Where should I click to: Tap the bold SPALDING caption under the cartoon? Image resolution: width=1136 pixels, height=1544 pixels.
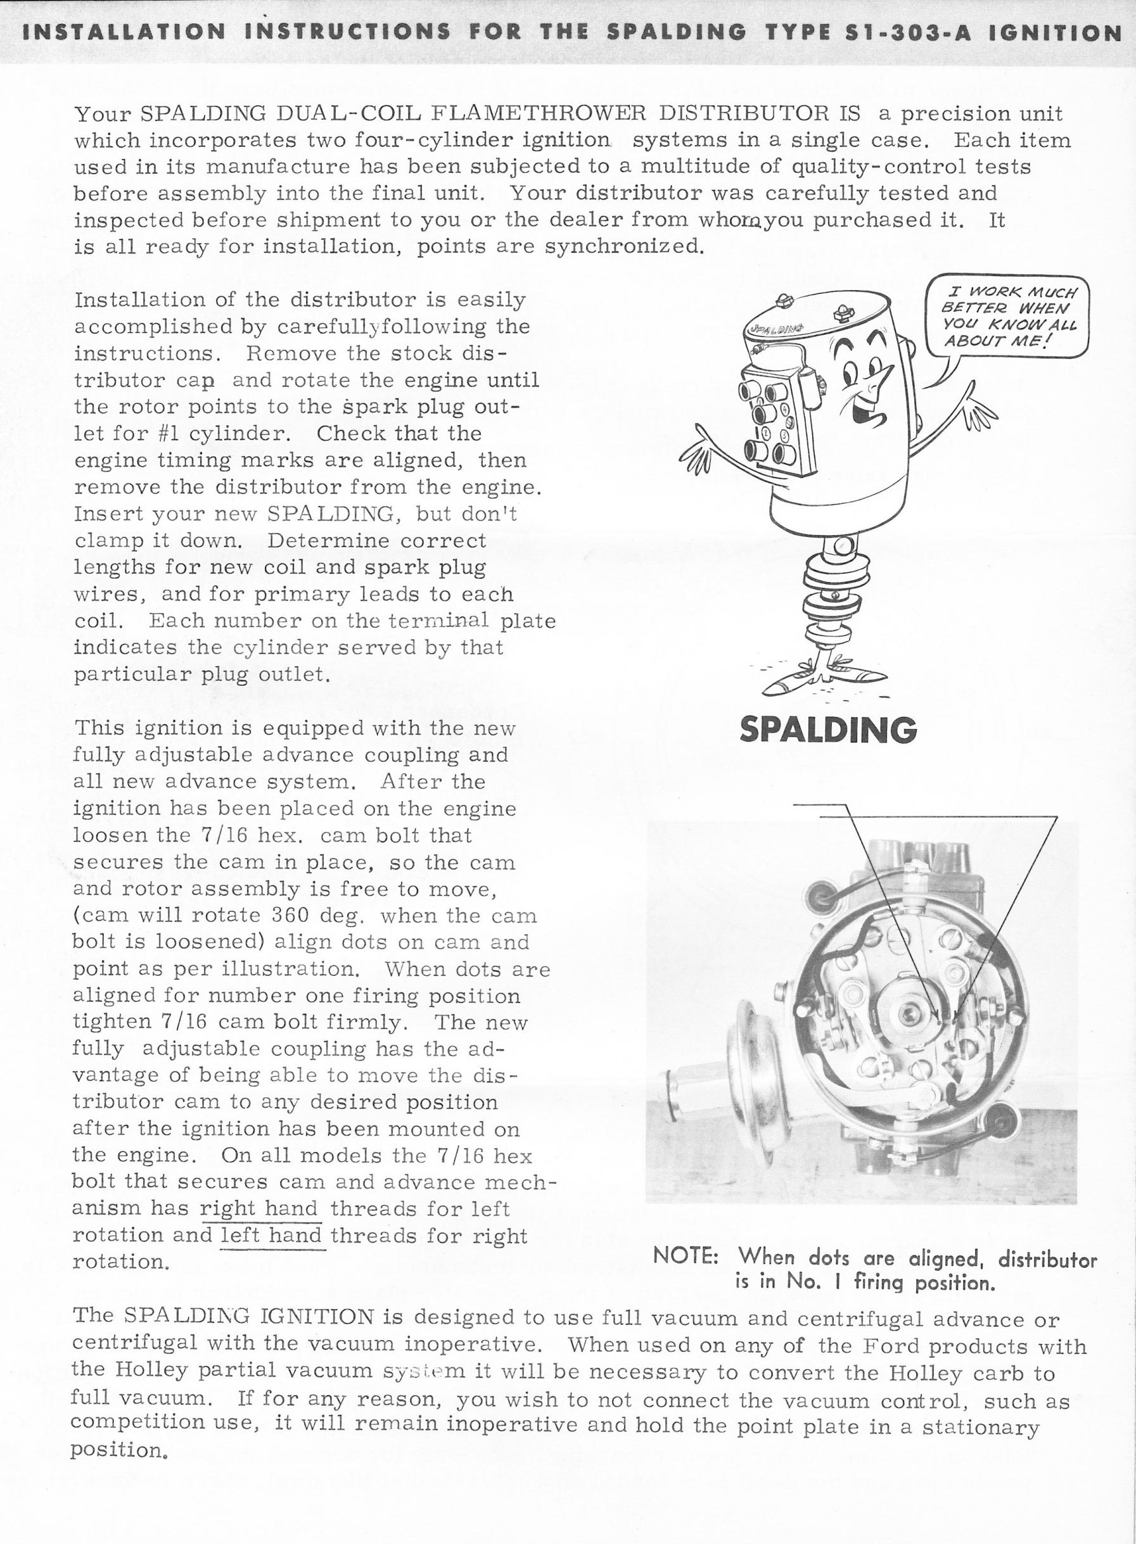pyautogui.click(x=828, y=730)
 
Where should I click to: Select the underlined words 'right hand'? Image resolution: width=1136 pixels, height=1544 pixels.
pyautogui.click(x=258, y=1208)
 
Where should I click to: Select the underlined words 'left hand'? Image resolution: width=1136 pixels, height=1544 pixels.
pyautogui.click(x=271, y=1236)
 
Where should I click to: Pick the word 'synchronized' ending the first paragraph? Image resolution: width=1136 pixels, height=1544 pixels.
pyautogui.click(x=623, y=246)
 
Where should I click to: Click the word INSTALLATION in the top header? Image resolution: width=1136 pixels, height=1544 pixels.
pyautogui.click(x=124, y=32)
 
